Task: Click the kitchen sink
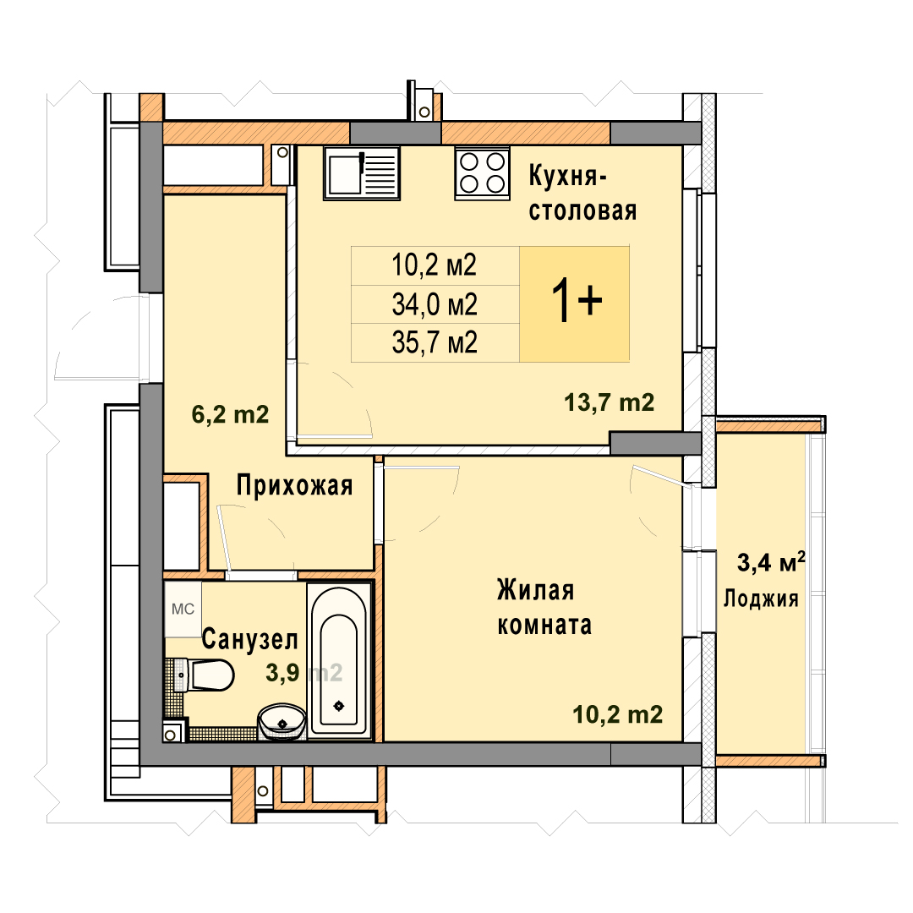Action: click(362, 173)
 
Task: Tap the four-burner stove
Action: click(482, 173)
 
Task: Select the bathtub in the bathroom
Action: click(339, 660)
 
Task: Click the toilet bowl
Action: click(205, 675)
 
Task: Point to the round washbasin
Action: click(282, 721)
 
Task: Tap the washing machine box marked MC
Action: click(183, 609)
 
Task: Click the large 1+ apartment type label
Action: click(577, 300)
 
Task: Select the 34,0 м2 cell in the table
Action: click(435, 304)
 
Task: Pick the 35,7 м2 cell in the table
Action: click(435, 342)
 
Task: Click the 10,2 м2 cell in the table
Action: click(435, 265)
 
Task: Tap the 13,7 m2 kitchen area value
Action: click(609, 402)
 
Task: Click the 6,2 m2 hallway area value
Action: click(231, 414)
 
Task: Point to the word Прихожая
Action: click(295, 485)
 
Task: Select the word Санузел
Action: click(249, 639)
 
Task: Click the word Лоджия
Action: click(761, 599)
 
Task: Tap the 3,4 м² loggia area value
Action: click(772, 562)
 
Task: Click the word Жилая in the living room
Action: click(536, 590)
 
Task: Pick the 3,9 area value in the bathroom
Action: click(283, 673)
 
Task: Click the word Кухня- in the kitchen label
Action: click(568, 176)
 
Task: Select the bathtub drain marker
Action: click(339, 706)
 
